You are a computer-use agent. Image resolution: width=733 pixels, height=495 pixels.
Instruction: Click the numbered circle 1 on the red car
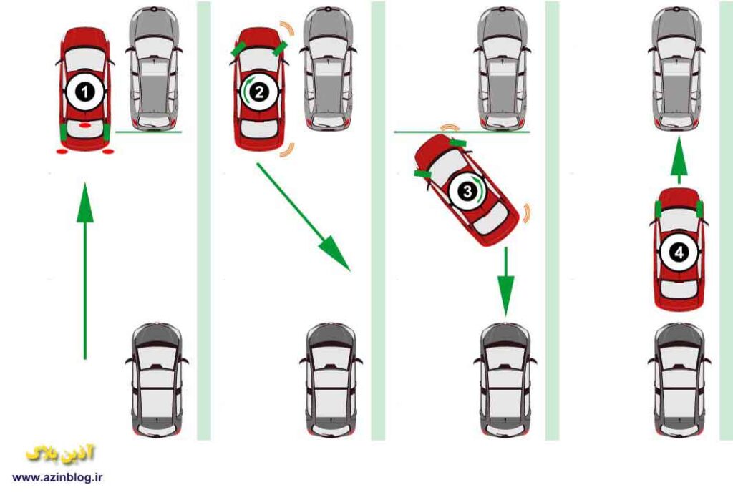click(84, 92)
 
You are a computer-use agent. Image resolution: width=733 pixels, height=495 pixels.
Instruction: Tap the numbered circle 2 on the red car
click(259, 92)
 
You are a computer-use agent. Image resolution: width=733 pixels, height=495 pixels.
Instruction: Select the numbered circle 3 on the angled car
click(467, 190)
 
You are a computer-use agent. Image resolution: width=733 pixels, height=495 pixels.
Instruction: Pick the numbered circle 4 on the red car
click(679, 253)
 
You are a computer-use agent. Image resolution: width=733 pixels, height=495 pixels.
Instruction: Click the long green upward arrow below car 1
click(84, 271)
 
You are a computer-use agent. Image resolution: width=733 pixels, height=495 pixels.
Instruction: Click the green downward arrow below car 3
click(505, 282)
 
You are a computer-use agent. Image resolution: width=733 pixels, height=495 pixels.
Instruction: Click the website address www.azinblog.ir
click(57, 477)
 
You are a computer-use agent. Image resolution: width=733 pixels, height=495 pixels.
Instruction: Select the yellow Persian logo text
click(61, 454)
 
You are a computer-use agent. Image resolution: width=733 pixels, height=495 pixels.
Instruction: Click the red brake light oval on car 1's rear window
click(84, 125)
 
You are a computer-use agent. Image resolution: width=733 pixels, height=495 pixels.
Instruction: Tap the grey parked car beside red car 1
click(154, 69)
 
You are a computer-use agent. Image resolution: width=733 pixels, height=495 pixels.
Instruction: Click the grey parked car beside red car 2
click(328, 69)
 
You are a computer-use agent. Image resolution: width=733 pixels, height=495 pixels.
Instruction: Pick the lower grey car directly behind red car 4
click(679, 380)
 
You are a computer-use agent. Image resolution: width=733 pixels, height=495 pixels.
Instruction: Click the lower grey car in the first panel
click(157, 380)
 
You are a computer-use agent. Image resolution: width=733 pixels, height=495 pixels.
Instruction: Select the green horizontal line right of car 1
click(149, 132)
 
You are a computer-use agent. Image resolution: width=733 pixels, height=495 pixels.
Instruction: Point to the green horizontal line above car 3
click(462, 132)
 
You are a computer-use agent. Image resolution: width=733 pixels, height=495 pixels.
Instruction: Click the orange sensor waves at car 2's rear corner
click(289, 150)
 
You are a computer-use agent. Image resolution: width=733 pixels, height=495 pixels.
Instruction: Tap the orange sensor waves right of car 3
click(528, 213)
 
